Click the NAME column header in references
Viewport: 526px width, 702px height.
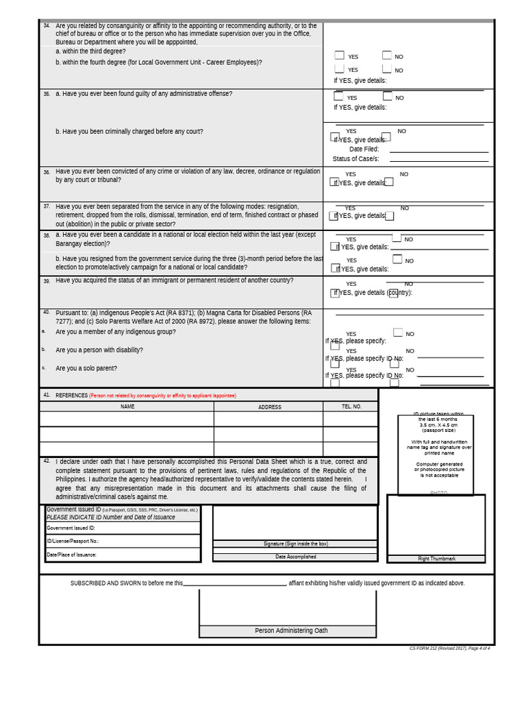(127, 407)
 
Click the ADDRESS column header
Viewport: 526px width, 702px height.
(269, 407)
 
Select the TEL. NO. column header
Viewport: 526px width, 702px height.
(351, 407)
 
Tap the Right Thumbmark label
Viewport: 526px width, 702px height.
(436, 559)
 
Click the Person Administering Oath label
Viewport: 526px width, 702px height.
(291, 631)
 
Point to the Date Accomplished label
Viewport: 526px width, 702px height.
(295, 557)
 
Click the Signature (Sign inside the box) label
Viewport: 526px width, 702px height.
(295, 544)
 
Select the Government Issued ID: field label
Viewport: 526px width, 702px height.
(71, 529)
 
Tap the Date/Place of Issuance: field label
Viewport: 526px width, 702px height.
(71, 555)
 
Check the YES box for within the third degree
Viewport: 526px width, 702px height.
(339, 56)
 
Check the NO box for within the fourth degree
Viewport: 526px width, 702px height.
(387, 69)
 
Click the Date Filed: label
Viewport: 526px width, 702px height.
(364, 149)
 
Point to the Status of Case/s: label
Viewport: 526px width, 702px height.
(355, 159)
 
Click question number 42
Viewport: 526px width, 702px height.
(47, 461)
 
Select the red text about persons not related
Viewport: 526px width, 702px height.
(162, 396)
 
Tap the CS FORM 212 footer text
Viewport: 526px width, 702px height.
(449, 649)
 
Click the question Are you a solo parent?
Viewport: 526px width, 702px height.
(86, 368)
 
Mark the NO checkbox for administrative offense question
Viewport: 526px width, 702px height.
(387, 97)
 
